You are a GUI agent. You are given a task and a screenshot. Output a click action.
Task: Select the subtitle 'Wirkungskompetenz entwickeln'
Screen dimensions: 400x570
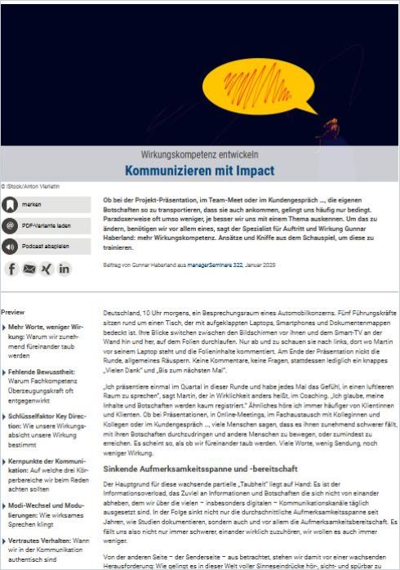[199, 154]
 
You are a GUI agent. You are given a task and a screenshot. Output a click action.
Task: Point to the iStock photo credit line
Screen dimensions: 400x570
[30, 186]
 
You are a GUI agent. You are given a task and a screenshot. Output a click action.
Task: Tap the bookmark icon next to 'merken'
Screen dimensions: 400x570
[10, 204]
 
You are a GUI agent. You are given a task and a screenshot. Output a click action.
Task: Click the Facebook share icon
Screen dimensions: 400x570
[11, 268]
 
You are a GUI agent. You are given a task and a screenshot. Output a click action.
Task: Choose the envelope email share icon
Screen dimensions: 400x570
[29, 268]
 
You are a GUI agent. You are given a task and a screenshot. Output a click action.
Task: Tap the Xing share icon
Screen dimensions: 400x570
[47, 268]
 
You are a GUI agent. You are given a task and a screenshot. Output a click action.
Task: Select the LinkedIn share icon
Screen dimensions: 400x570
[64, 268]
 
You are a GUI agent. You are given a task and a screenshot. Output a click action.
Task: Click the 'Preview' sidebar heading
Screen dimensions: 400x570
[13, 312]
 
